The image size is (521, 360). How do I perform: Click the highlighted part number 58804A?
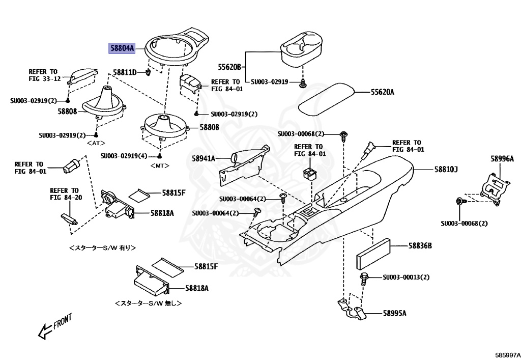(122, 48)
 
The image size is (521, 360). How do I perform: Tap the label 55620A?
(382, 92)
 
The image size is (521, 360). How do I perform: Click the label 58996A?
(502, 159)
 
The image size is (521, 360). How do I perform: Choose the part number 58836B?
(419, 246)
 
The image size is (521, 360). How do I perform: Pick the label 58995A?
(394, 314)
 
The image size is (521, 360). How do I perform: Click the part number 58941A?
(203, 158)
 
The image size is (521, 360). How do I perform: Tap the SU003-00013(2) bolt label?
(406, 278)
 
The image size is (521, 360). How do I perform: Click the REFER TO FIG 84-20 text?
(65, 194)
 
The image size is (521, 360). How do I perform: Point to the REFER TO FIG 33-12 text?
(44, 75)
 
